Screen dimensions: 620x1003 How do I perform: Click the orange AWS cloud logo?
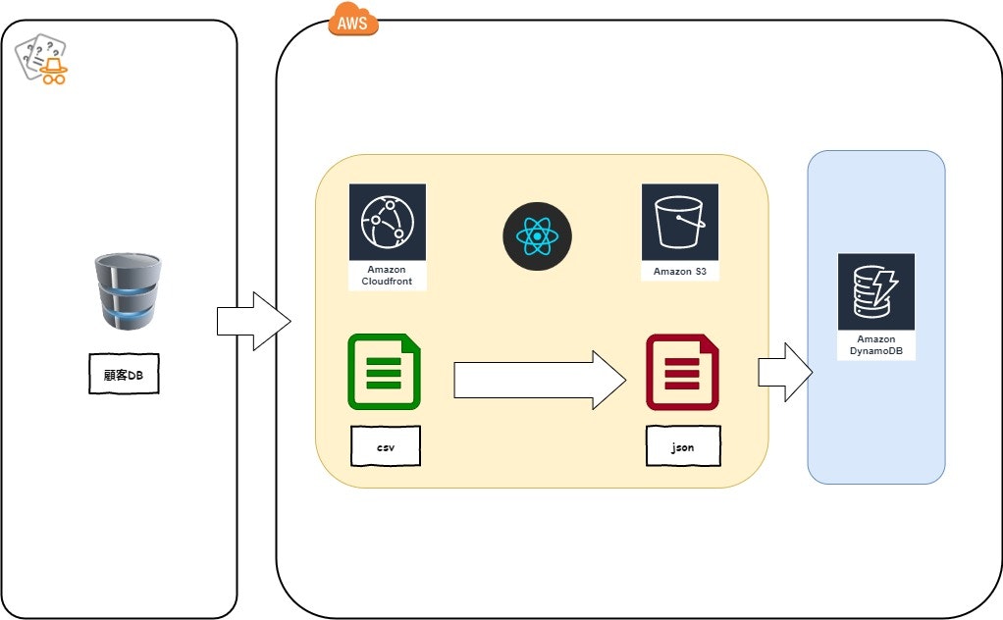point(352,20)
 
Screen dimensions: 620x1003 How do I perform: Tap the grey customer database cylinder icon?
point(128,292)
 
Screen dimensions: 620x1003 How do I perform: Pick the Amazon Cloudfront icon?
point(387,223)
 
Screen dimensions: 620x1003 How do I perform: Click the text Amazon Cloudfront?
point(387,276)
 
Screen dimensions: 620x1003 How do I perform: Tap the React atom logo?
point(537,236)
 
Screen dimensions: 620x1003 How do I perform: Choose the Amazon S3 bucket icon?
point(679,223)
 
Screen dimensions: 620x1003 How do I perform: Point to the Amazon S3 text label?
point(679,271)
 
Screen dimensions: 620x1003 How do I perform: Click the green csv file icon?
point(384,372)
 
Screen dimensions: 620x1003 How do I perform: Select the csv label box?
point(386,446)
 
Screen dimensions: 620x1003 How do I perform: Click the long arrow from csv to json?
point(539,380)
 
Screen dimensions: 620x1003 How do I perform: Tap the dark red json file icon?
point(682,372)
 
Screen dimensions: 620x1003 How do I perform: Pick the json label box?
point(682,446)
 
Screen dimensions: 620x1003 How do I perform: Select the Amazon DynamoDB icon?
point(875,292)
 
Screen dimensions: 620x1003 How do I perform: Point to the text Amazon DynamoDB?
point(875,345)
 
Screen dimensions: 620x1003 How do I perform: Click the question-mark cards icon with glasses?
point(42,59)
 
